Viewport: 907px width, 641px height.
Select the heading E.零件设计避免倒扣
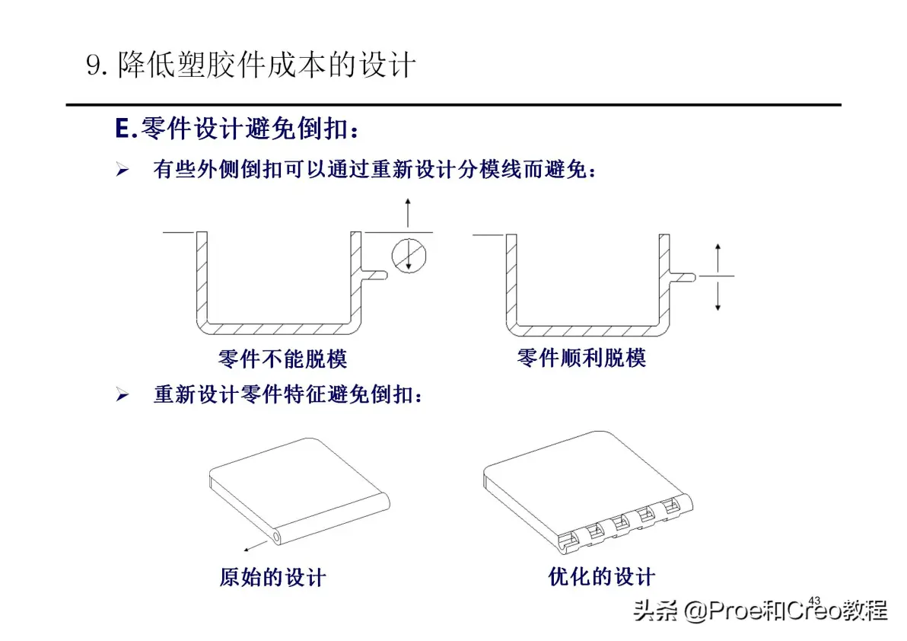pos(237,129)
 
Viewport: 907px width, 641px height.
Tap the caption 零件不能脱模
pos(282,359)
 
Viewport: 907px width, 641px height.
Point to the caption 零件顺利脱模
pos(581,358)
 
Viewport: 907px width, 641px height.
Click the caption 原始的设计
pos(273,577)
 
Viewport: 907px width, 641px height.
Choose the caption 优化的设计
pos(602,576)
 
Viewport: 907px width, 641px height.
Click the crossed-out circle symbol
pos(409,255)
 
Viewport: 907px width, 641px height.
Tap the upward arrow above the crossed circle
pos(408,212)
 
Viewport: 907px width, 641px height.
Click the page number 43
pos(814,601)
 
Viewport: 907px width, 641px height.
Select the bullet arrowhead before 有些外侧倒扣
pos(122,170)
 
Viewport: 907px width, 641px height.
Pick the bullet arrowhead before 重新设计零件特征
pos(122,394)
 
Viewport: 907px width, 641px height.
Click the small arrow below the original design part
pos(255,546)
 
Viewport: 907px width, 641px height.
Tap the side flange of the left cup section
pos(374,276)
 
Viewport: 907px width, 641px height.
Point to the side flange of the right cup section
pos(682,277)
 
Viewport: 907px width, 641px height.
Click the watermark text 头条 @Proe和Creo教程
pos(760,611)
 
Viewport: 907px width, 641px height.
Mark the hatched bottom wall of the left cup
pos(278,329)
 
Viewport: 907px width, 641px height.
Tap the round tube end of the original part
pos(276,537)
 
